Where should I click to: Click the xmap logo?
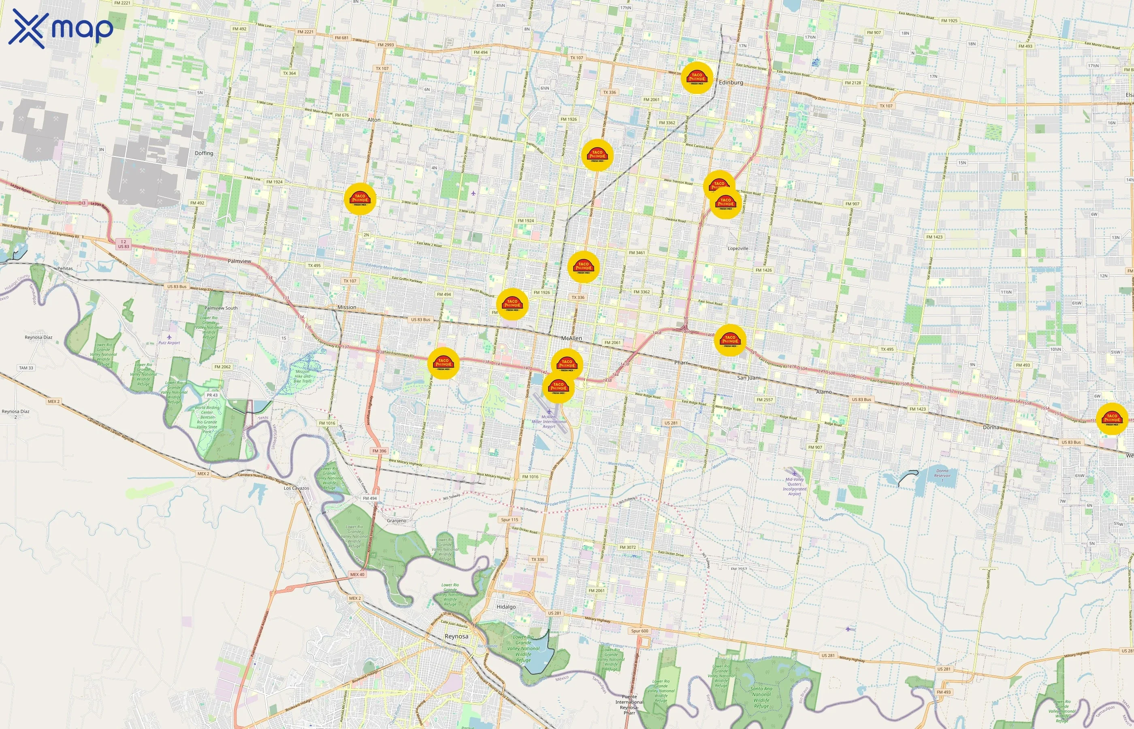[x=61, y=28]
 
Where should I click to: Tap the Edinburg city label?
[x=731, y=82]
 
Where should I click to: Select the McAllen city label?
[x=571, y=338]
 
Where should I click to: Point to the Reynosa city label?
[x=456, y=636]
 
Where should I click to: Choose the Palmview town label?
[x=239, y=261]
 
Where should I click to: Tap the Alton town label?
[x=374, y=120]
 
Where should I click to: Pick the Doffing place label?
[x=204, y=153]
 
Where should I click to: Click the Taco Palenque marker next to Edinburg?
[x=697, y=78]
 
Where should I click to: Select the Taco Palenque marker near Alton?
[x=360, y=199]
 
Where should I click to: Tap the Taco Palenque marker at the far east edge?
[x=1112, y=418]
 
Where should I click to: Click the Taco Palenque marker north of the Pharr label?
[x=730, y=340]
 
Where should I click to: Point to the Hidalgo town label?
[x=506, y=606]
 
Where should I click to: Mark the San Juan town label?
[x=748, y=378]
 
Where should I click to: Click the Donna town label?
[x=991, y=427]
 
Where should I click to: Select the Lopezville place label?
[x=738, y=248]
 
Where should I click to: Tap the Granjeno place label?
[x=396, y=520]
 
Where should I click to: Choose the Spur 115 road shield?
[x=509, y=519]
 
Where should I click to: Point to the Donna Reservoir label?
[x=942, y=473]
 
